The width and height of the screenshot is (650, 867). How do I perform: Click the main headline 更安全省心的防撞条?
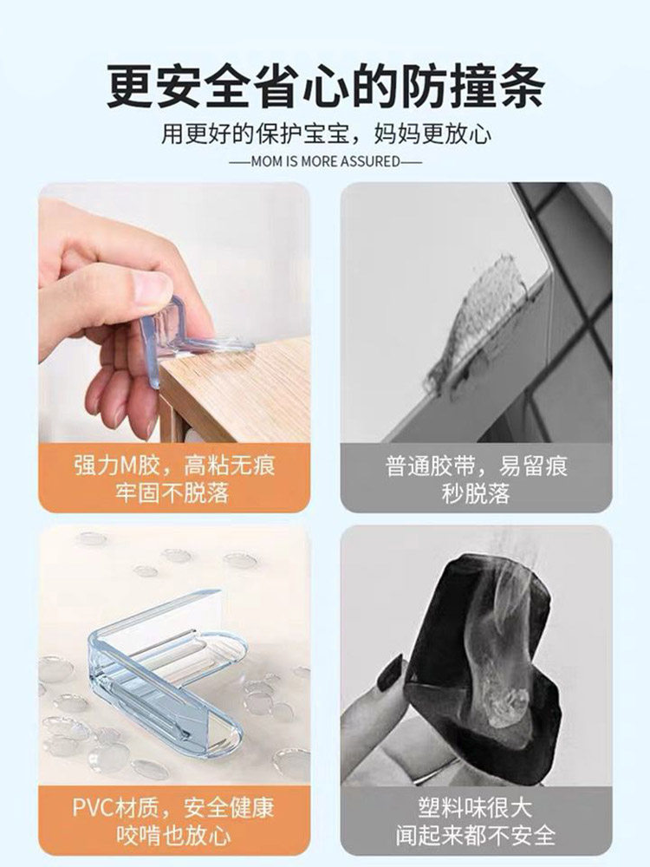326,86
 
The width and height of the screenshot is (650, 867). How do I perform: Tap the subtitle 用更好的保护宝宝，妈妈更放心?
326,134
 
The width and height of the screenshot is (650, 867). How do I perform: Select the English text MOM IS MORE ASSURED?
325,161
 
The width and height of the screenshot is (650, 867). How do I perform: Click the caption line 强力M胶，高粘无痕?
174,465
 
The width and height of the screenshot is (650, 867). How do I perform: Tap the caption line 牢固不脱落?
172,492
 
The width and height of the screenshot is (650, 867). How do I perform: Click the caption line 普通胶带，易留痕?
477,466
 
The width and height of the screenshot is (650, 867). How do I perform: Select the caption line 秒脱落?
476,492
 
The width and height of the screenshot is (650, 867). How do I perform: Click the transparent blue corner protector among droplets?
166,672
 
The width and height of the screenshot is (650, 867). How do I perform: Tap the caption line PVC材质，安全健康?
173,808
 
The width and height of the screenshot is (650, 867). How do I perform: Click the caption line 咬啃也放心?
173,835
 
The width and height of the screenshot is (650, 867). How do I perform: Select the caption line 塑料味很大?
475,808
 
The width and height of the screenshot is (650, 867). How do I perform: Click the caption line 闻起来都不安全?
475,835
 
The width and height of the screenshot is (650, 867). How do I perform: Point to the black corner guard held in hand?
481,653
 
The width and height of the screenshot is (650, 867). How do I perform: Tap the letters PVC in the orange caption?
94,808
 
